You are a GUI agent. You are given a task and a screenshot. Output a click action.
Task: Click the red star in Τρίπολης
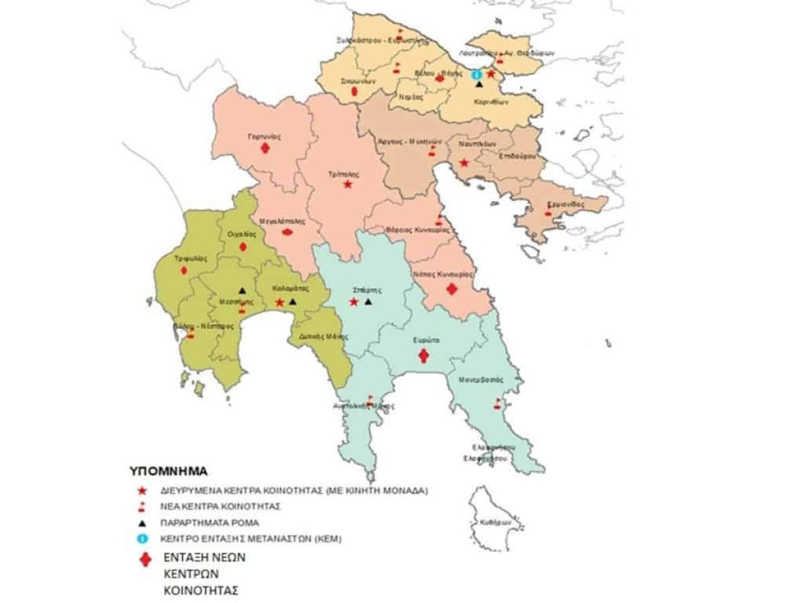coord(347,184)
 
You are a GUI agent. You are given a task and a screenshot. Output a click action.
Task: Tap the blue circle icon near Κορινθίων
coord(477,74)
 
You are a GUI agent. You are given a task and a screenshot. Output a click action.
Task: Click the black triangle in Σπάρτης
coord(368,303)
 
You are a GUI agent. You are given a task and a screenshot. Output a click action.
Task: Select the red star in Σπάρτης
coord(354,303)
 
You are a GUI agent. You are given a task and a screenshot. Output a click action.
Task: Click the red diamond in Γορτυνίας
coord(265,149)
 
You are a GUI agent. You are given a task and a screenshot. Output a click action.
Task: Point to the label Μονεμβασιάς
coord(481,379)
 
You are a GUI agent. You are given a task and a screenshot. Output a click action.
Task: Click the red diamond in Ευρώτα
coord(423,355)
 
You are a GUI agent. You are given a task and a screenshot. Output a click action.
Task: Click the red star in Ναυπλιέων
coord(464,163)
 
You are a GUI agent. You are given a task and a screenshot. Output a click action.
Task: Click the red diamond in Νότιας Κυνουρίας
coord(452,289)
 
